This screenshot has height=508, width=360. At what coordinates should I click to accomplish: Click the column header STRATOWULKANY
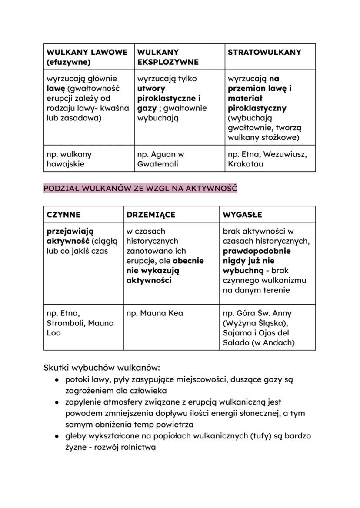click(264, 52)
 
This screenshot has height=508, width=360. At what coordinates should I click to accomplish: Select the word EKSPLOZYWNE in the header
click(168, 62)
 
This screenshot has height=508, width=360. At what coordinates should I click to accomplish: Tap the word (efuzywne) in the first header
click(68, 62)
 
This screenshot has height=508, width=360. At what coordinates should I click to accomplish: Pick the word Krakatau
click(246, 164)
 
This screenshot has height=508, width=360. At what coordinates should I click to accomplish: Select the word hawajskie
click(65, 164)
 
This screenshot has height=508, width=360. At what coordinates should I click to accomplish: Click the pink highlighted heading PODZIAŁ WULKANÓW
click(140, 189)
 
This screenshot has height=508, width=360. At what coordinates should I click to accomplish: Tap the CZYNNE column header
click(63, 215)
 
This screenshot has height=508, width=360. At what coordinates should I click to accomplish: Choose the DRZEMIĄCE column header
click(151, 215)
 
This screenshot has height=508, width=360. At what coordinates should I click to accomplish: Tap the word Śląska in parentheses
click(269, 323)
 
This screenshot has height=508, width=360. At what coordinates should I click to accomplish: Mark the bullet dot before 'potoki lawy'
click(57, 379)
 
